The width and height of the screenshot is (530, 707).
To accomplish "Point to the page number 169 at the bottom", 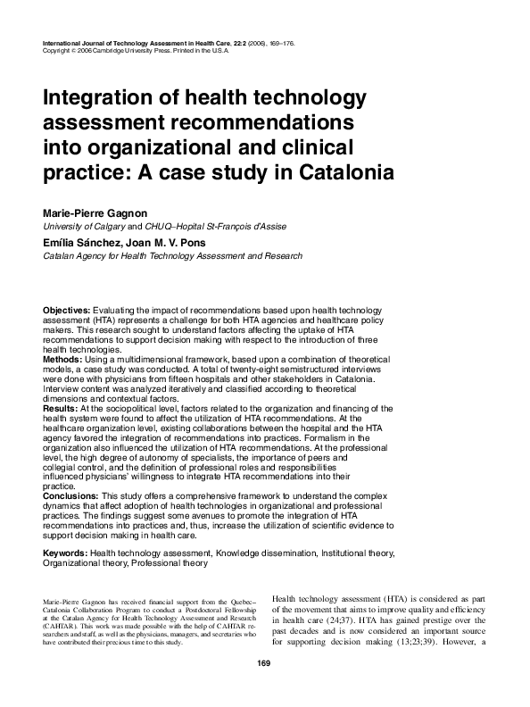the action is (x=263, y=662).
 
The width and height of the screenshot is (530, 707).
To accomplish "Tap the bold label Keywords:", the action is (x=66, y=553).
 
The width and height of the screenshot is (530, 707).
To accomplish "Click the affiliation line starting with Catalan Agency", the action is (x=172, y=255).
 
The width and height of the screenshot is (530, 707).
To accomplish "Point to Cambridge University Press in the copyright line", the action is (x=134, y=52).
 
